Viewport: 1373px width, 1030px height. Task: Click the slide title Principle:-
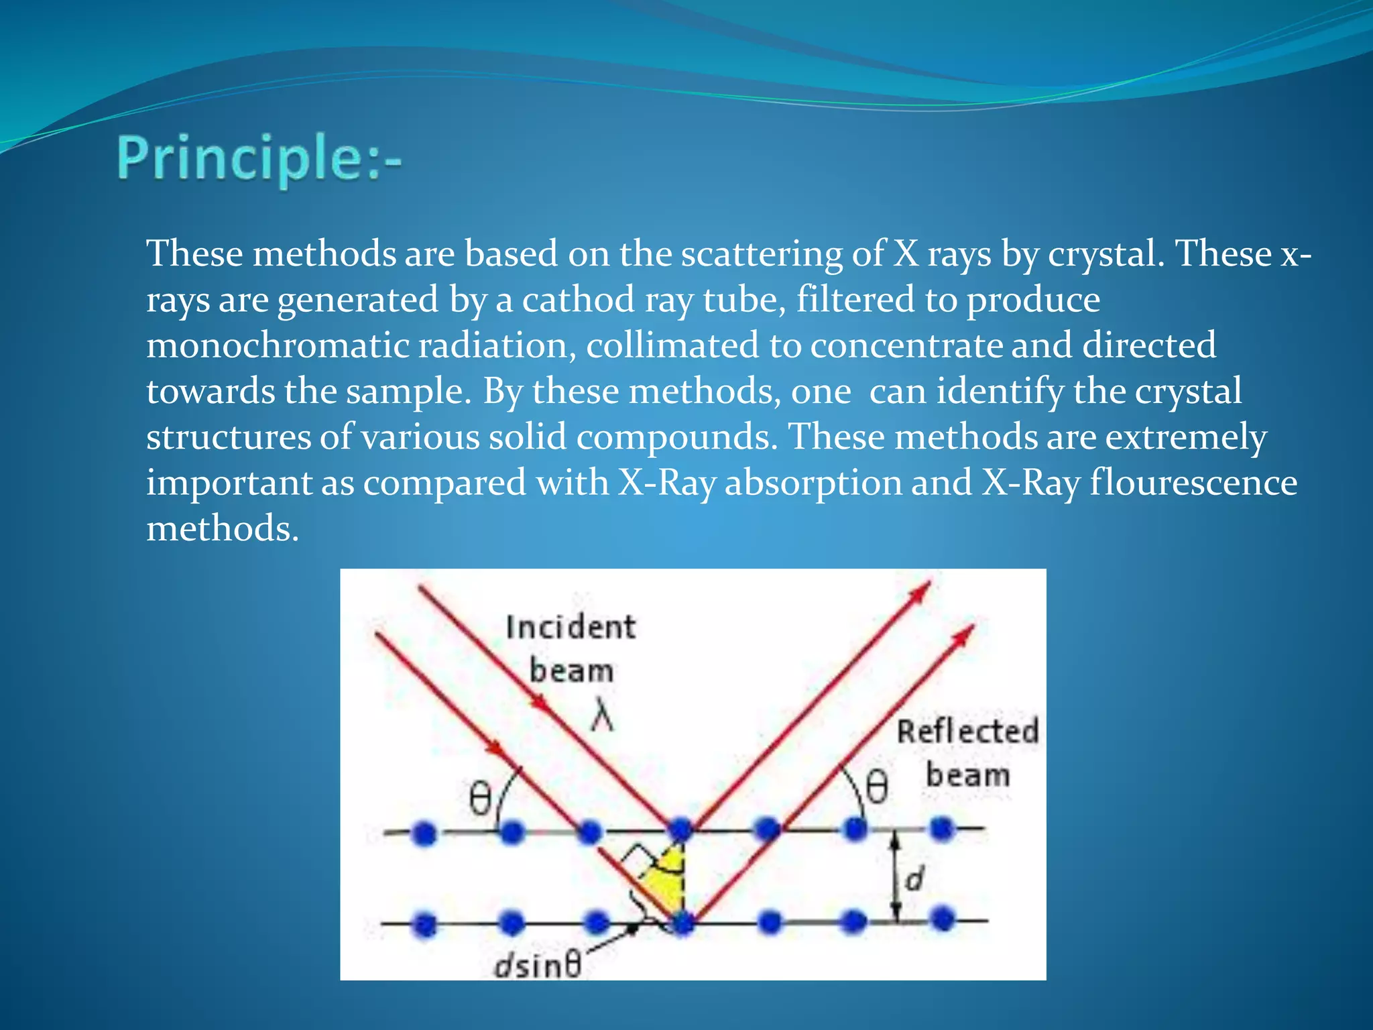tap(259, 159)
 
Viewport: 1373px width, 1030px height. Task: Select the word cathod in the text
tap(578, 300)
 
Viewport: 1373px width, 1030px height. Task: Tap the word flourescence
tap(1193, 483)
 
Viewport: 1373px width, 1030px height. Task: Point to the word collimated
tap(672, 345)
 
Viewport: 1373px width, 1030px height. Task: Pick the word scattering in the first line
tap(762, 254)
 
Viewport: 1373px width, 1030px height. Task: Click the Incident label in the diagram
tap(571, 628)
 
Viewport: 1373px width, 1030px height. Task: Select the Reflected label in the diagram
tap(967, 731)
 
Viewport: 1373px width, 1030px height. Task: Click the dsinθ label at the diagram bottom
tap(537, 966)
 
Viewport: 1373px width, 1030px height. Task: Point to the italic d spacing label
tap(914, 878)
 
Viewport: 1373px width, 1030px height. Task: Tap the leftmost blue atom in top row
tap(424, 834)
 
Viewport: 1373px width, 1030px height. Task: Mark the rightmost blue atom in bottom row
tap(943, 917)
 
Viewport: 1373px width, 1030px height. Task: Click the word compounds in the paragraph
tap(673, 437)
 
